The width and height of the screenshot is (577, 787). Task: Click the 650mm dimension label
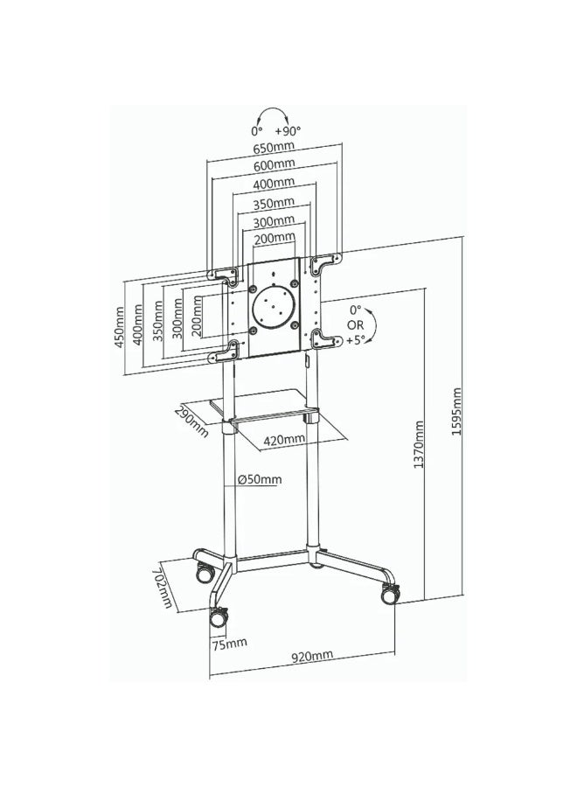click(274, 149)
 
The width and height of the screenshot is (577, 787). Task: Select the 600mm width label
click(274, 165)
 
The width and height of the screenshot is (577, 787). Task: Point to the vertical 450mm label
click(120, 329)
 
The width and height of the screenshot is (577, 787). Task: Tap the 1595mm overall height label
click(456, 411)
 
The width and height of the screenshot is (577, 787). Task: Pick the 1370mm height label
click(419, 445)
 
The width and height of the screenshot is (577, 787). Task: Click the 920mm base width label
click(312, 656)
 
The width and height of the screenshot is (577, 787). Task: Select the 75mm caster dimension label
click(229, 644)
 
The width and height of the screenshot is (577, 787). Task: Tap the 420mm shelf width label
click(284, 440)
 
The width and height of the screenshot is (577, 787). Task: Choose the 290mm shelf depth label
click(191, 421)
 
